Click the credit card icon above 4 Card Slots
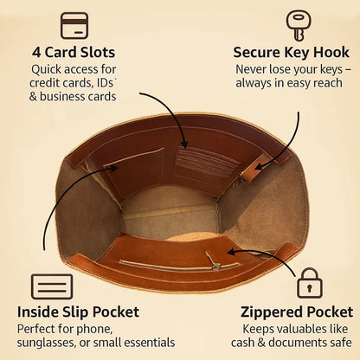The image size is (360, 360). coord(74,25)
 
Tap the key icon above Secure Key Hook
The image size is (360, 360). coord(298,25)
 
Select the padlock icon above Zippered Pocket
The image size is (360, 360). coord(310,283)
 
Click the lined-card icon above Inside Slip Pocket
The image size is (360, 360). coord(52,286)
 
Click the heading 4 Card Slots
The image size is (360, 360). coord(74,53)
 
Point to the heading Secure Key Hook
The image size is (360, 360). coord(291,53)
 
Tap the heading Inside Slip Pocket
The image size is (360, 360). coord(78,312)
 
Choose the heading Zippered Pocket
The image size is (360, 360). coord(297,312)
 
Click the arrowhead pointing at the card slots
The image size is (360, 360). coord(184,144)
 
